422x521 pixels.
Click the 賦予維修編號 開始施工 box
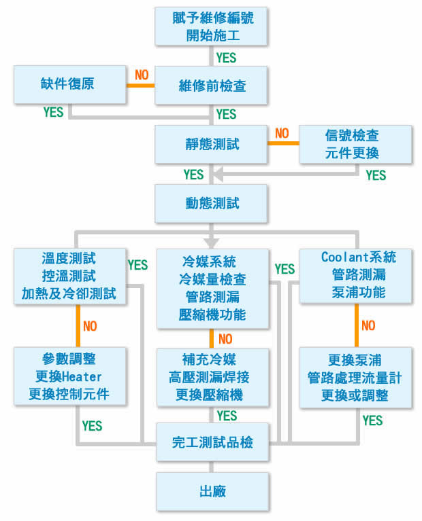tap(212, 25)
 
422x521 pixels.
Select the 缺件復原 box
tap(70, 85)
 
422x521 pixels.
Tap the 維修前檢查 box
tap(212, 85)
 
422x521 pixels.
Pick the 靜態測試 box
tap(212, 145)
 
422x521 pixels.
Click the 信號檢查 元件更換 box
tap(357, 145)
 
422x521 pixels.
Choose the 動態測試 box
tap(212, 203)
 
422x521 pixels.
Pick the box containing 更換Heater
tap(70, 376)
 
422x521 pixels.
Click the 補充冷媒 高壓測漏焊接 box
tap(212, 376)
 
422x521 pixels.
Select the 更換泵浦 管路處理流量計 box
tap(357, 377)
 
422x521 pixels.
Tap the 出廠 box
tap(212, 491)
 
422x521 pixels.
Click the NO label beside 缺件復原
tap(142, 75)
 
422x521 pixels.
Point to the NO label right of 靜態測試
tap(282, 132)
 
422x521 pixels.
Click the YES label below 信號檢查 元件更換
tap(375, 175)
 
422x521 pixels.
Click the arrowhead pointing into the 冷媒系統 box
tap(212, 242)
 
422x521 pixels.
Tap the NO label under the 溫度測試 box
tap(90, 326)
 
